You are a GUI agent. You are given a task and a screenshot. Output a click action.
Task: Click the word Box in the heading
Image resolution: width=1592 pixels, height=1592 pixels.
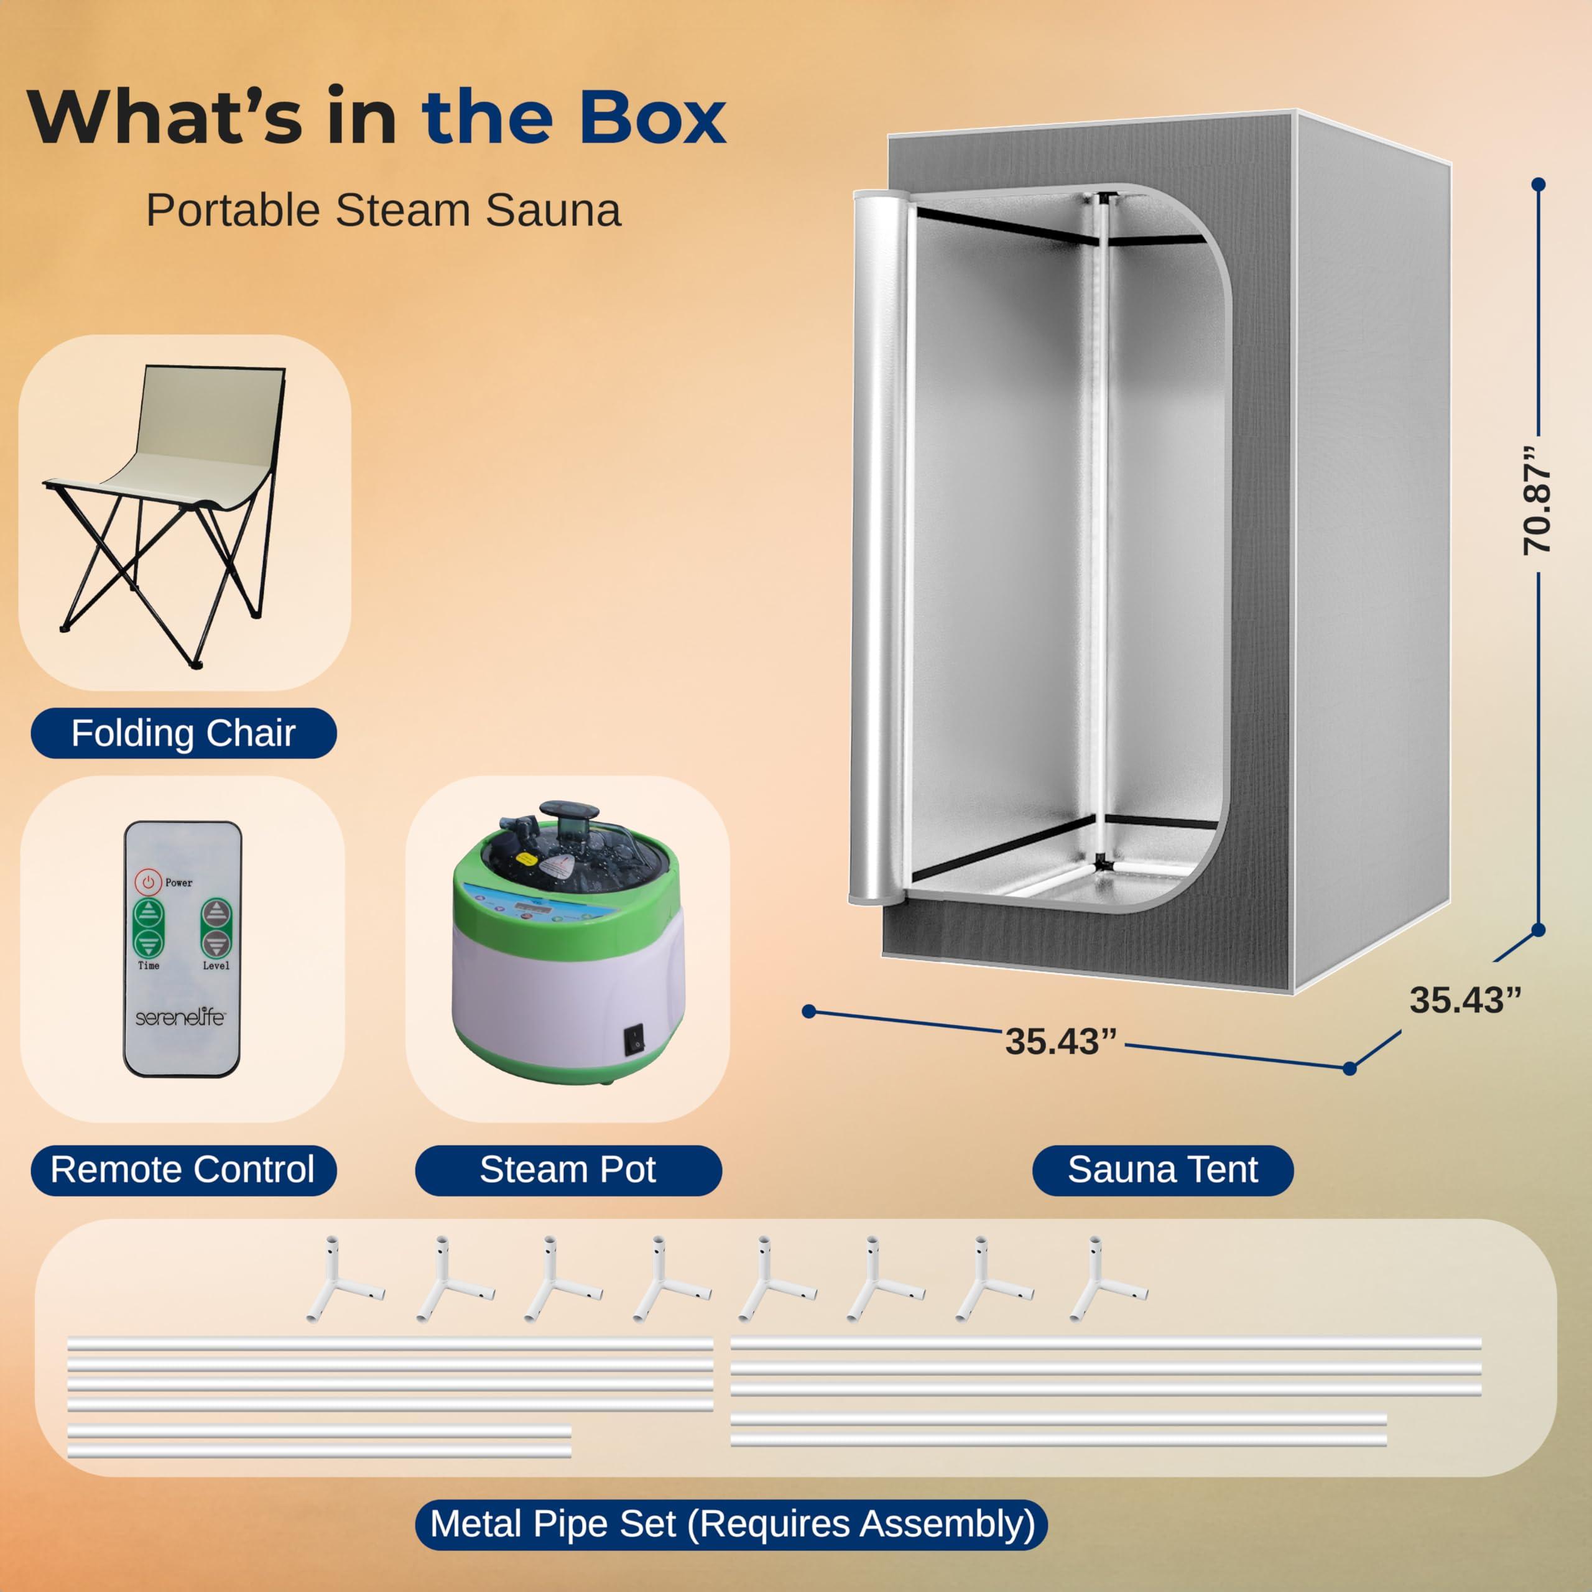(651, 118)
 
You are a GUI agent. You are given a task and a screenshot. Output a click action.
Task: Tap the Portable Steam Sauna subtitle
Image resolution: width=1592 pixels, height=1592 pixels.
(383, 210)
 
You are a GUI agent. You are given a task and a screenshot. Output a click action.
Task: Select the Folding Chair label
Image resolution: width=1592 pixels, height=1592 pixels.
(183, 733)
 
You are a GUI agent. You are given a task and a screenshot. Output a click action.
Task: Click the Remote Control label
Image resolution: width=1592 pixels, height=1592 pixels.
(183, 1169)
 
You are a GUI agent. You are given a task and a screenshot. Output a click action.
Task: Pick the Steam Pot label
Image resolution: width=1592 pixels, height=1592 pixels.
(568, 1169)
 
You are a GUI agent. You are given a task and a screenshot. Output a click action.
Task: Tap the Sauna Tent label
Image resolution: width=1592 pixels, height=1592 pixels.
(1163, 1169)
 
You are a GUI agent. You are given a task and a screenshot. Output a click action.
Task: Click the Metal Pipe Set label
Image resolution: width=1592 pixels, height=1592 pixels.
(732, 1524)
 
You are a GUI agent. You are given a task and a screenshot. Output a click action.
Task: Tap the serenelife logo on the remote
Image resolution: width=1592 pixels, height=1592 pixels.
(180, 1017)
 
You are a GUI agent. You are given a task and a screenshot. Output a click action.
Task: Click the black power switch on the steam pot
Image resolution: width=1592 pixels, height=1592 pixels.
(634, 1040)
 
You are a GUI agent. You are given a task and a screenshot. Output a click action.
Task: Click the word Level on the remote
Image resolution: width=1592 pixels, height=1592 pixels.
(216, 965)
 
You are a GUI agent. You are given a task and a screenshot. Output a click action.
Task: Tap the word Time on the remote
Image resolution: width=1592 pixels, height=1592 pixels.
(149, 965)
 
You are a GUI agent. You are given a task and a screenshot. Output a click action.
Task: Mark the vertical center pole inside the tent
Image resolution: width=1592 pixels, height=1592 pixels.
(1101, 527)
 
